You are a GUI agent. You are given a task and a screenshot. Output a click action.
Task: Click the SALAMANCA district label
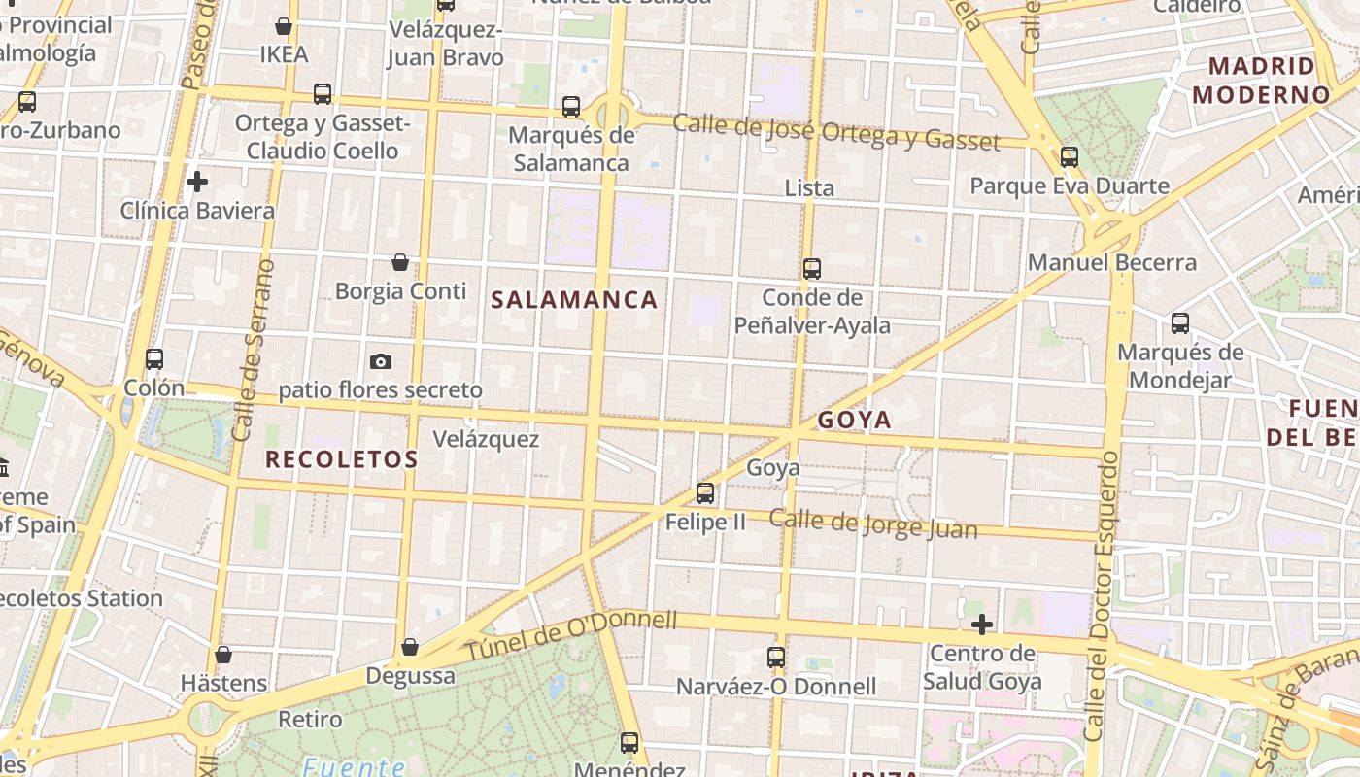tap(574, 300)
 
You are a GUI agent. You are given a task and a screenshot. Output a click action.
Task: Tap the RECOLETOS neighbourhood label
tap(341, 459)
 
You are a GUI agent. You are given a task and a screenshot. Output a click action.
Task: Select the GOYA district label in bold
tap(854, 420)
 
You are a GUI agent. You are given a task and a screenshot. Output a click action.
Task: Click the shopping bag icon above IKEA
tap(284, 26)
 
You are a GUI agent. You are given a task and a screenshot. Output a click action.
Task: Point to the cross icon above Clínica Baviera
tap(197, 182)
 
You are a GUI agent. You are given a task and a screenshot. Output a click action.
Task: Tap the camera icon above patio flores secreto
tap(381, 361)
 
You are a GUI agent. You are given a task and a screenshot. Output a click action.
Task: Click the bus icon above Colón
tap(154, 358)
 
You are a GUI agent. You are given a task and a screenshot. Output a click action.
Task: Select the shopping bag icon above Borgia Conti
tap(400, 262)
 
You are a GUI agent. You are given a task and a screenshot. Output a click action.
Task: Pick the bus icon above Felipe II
tap(705, 493)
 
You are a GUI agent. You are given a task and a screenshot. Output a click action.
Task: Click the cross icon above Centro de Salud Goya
tap(982, 624)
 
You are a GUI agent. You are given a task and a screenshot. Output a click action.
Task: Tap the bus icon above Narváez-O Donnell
tap(775, 658)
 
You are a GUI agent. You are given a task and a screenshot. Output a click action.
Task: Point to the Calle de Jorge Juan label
tap(873, 523)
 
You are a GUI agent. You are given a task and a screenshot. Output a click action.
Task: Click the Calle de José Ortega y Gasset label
tap(835, 132)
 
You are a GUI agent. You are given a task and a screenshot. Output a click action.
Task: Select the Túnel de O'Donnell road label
tap(571, 636)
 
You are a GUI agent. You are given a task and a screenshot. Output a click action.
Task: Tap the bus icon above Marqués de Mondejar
tap(1180, 323)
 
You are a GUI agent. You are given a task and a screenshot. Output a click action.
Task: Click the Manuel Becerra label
tap(1112, 262)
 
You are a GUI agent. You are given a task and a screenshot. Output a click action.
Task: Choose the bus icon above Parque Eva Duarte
tap(1070, 156)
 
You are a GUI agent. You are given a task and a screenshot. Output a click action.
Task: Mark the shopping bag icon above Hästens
tap(223, 655)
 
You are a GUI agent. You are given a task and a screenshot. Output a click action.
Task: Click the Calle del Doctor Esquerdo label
tap(1105, 598)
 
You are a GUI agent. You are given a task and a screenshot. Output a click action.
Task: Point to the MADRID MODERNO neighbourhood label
tap(1261, 81)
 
